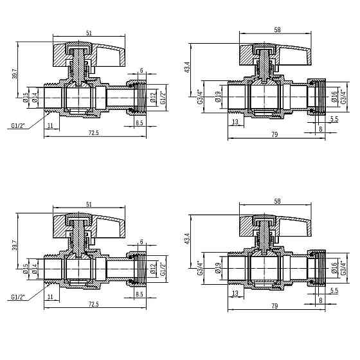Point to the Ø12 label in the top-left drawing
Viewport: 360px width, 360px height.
(x=152, y=98)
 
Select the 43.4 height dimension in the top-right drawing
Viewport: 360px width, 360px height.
(x=187, y=67)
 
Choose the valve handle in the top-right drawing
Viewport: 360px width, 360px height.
(x=273, y=51)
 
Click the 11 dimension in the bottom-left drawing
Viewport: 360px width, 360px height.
(x=50, y=297)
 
